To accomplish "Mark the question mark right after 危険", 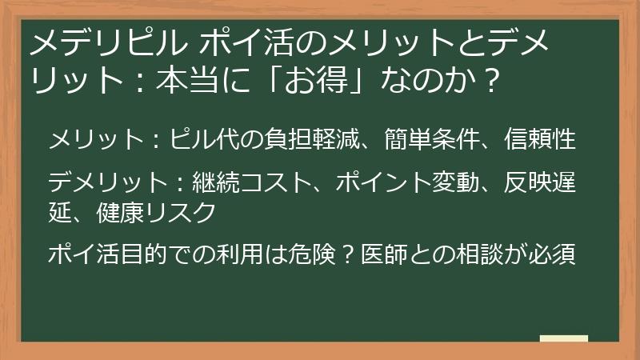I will (349, 255).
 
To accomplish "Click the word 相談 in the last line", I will (475, 255).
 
